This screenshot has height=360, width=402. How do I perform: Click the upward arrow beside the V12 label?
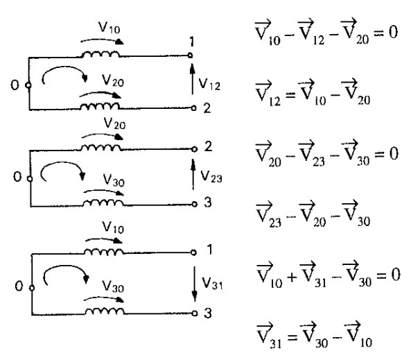click(x=192, y=79)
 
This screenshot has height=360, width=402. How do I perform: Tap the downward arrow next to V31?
click(x=195, y=284)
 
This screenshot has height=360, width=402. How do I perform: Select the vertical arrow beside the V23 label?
click(x=193, y=175)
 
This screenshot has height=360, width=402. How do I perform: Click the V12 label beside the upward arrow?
click(x=209, y=84)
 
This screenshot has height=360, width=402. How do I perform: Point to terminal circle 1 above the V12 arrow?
click(x=190, y=55)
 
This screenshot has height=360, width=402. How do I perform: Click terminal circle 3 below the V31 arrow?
click(x=195, y=314)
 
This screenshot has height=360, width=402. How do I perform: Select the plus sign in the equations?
click(x=292, y=277)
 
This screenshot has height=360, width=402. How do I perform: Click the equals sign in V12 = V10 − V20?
click(x=290, y=95)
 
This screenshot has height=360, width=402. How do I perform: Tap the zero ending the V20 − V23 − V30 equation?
click(x=394, y=153)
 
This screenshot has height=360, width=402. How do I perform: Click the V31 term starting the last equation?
click(x=269, y=336)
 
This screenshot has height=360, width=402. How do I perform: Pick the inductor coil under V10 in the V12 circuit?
click(x=101, y=54)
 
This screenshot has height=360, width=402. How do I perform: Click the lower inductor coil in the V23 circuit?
click(x=103, y=203)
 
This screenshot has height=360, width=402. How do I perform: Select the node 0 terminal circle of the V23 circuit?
click(x=30, y=179)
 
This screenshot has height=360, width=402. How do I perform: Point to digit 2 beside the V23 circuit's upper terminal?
click(x=208, y=146)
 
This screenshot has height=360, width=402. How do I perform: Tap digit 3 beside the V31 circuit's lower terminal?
click(x=208, y=313)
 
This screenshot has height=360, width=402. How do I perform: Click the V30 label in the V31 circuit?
click(x=113, y=286)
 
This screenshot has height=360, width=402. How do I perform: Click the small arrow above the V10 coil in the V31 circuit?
click(x=104, y=240)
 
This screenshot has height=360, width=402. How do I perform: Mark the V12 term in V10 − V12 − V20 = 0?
click(x=311, y=33)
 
